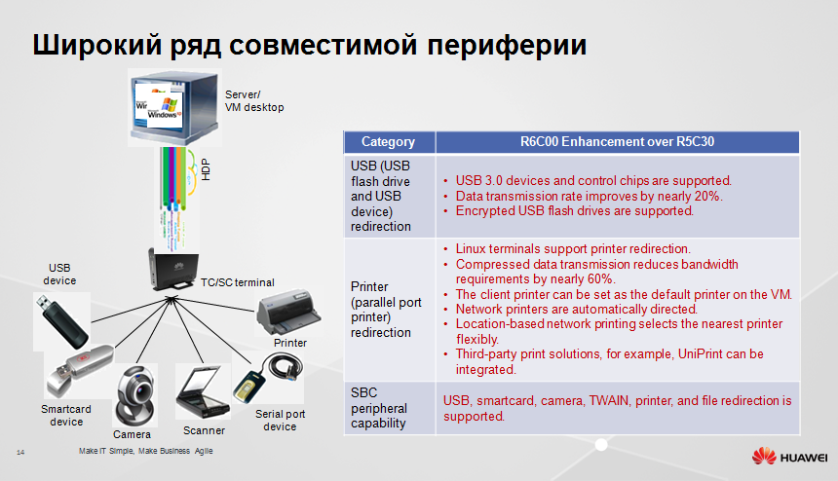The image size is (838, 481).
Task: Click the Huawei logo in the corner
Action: pyautogui.click(x=789, y=457)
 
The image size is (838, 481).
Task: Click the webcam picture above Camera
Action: pyautogui.click(x=135, y=395)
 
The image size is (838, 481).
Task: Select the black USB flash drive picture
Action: pyautogui.click(x=61, y=322)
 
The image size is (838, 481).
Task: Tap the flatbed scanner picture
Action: pyautogui.click(x=203, y=393)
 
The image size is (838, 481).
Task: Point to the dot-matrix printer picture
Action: pyautogui.click(x=288, y=313)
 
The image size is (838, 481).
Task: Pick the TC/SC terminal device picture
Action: pyautogui.click(x=172, y=270)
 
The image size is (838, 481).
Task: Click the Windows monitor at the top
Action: pyautogui.click(x=174, y=107)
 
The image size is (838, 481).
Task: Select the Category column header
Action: pyautogui.click(x=388, y=142)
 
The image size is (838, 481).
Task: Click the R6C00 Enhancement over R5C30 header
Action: pyautogui.click(x=617, y=141)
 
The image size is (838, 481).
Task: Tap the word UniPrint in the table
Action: pyautogui.click(x=702, y=354)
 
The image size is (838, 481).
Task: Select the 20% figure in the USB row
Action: pyautogui.click(x=707, y=196)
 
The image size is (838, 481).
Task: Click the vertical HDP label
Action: pyautogui.click(x=206, y=169)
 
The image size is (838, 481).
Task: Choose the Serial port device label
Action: pyautogui.click(x=280, y=420)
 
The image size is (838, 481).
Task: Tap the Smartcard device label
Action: pyautogui.click(x=66, y=416)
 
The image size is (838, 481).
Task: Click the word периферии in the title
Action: pyautogui.click(x=507, y=45)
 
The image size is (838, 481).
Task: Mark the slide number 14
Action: pyautogui.click(x=20, y=452)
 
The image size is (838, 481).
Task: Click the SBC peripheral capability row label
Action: pyautogui.click(x=379, y=408)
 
